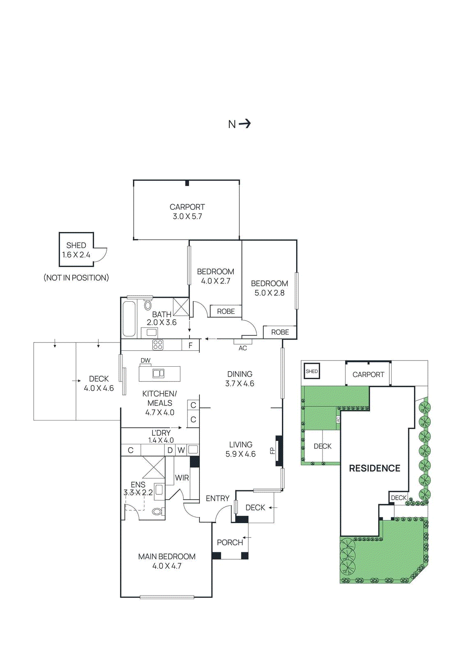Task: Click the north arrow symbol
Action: pos(245,124)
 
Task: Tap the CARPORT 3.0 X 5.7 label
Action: pos(187,211)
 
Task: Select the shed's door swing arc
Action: pos(101,255)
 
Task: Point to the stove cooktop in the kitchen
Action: pos(158,345)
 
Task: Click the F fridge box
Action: pos(190,345)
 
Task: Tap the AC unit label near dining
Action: pos(243,348)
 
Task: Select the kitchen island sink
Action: pos(158,373)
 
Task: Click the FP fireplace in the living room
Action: pos(279,450)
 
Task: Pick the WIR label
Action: pos(182,478)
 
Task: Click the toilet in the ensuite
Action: pos(157,512)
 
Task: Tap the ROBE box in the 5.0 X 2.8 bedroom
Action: pos(280,332)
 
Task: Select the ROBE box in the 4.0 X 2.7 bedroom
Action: pos(226,311)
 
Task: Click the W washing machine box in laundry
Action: pos(181,450)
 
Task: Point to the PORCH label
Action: pos(230,542)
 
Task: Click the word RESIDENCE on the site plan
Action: pos(374,468)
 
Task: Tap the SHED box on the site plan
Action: pos(312,371)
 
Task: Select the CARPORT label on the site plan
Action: pos(368,374)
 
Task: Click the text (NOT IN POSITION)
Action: pos(76,278)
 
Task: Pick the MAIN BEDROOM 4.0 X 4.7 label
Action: pos(167,561)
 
